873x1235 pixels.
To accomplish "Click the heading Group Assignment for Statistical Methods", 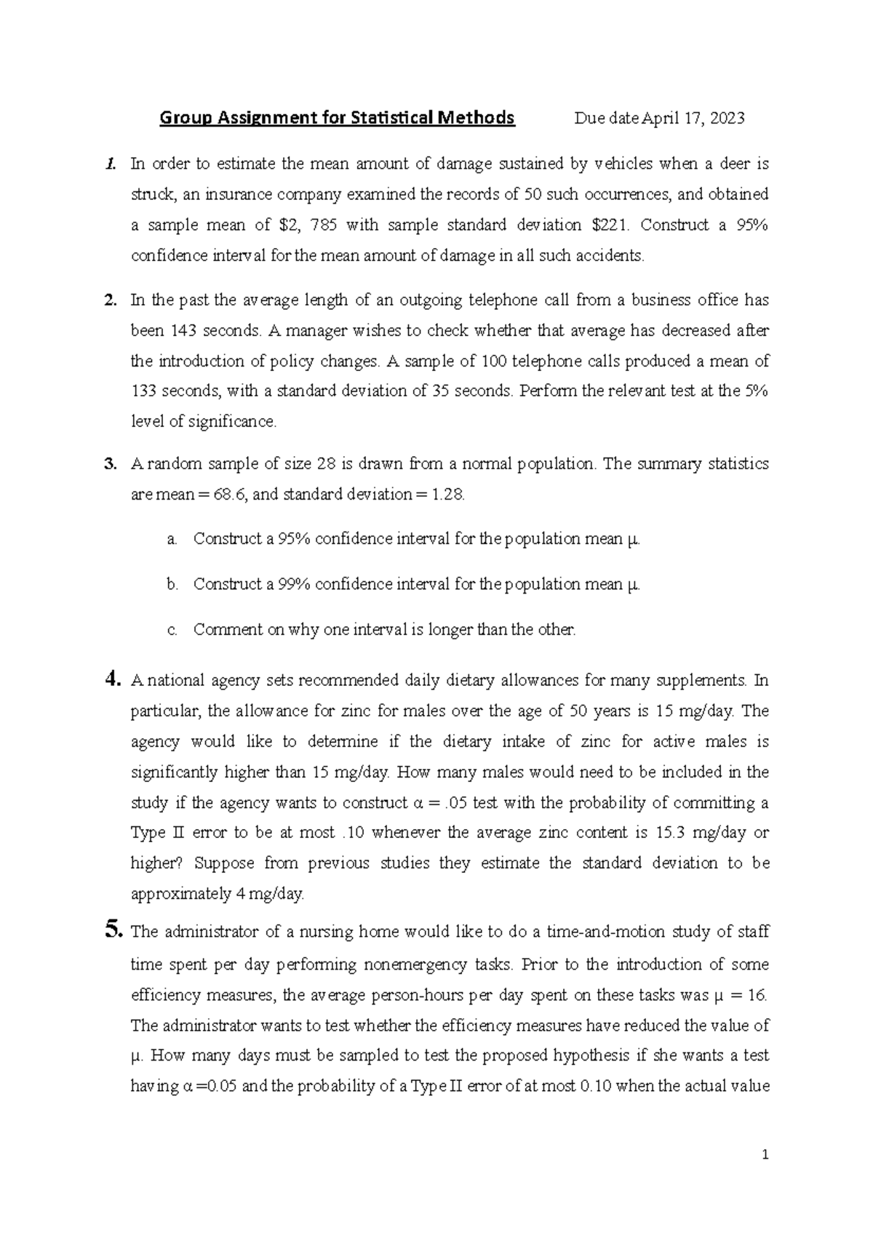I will click(337, 118).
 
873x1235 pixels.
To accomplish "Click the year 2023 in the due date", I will click(727, 119).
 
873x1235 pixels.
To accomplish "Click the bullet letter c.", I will click(172, 631).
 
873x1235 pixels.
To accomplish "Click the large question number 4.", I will click(111, 680).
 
